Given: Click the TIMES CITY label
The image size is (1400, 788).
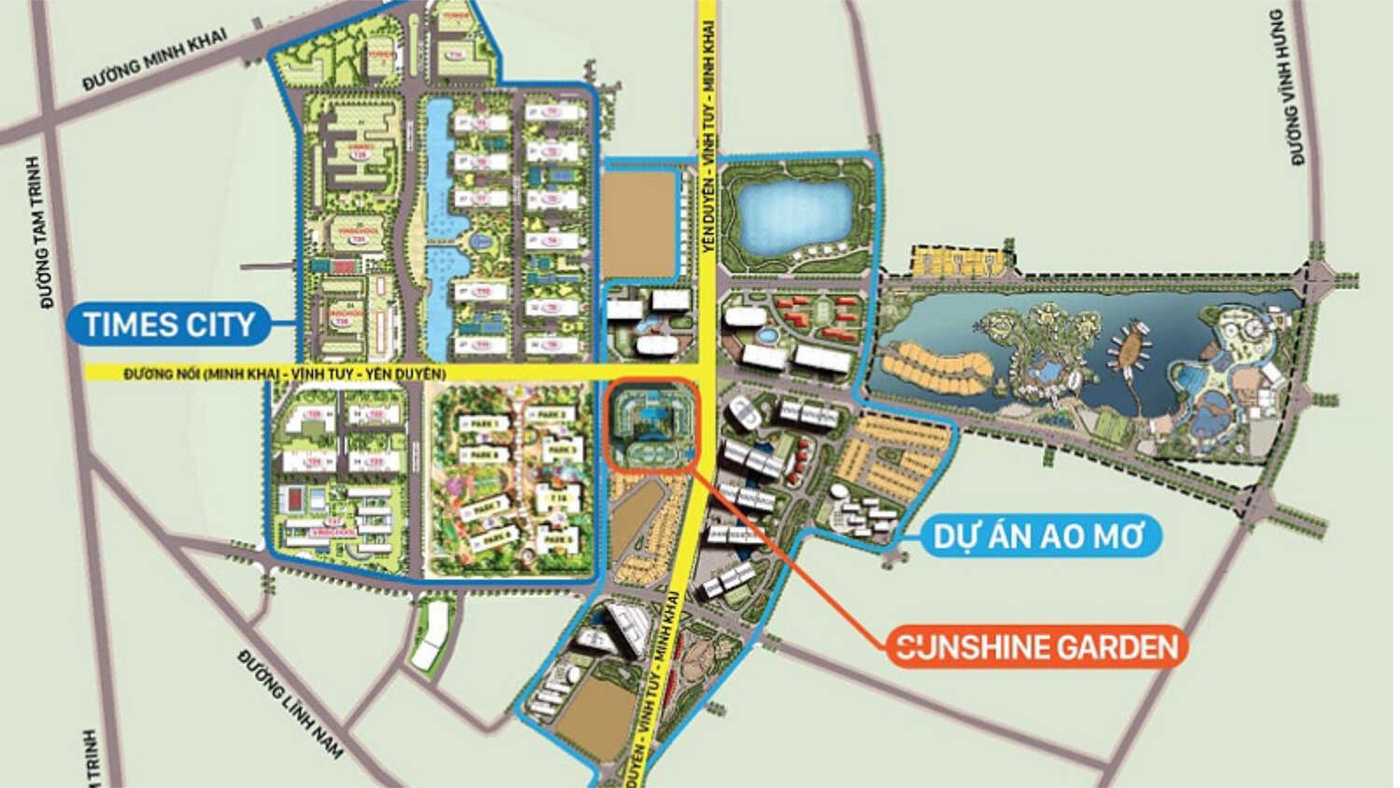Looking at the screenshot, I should (169, 325).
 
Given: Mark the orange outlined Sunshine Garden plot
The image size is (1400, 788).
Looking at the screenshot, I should (651, 424).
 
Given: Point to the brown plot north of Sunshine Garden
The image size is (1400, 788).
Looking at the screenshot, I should (639, 224).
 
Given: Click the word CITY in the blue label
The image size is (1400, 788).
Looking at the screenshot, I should (218, 325).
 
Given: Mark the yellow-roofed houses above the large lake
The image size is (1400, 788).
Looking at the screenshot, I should (961, 260).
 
